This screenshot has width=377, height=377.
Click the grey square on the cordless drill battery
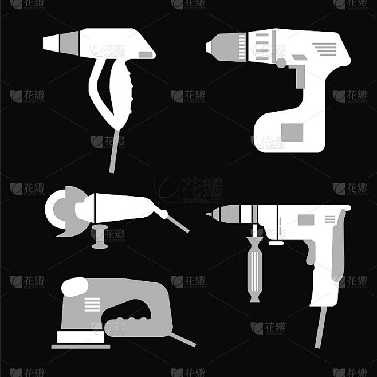pos(292,132)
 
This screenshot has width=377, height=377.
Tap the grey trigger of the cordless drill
pos(297,75)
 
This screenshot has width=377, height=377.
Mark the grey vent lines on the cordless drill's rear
pos(328,49)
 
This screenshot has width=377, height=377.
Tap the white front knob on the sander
pos(75,284)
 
